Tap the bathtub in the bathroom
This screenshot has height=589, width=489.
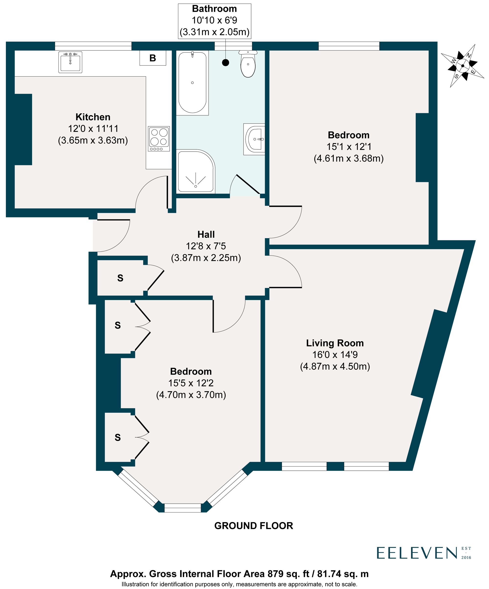point(192,83)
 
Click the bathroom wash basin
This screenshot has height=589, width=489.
point(255,139)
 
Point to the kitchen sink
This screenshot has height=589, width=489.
point(70,62)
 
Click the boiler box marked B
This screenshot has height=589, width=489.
point(153,58)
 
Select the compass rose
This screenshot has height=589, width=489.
point(463,66)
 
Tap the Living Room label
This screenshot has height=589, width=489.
point(335,343)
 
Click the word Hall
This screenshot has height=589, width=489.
point(206,234)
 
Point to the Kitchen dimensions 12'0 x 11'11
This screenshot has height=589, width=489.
point(93,128)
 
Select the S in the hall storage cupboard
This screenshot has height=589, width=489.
point(120,278)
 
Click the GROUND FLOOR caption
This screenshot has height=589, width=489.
point(254,526)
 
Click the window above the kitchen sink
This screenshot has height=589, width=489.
point(93,46)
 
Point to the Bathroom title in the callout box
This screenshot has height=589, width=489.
point(214,9)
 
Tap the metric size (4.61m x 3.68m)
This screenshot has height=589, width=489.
point(348,158)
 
